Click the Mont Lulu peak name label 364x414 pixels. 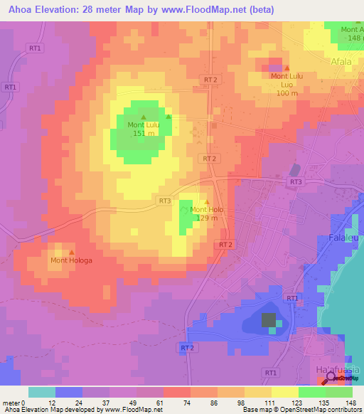[143, 125]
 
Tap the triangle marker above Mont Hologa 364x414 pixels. [71, 252]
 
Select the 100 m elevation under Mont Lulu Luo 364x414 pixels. [287, 93]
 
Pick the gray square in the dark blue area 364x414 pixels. [269, 320]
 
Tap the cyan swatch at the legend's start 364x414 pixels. [41, 392]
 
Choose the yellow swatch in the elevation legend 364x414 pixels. [284, 392]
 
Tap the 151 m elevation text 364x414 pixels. [143, 134]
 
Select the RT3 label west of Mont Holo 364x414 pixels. [165, 201]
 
